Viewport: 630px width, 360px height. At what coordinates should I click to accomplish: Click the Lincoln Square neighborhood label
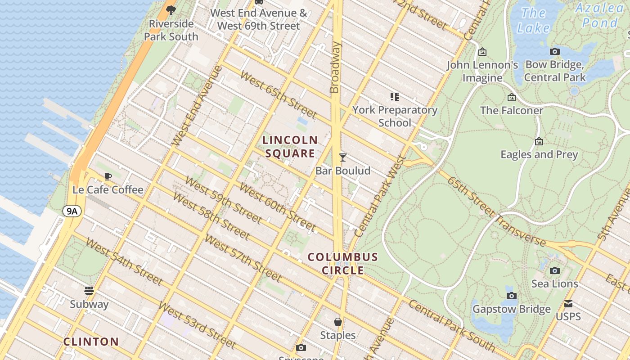290,147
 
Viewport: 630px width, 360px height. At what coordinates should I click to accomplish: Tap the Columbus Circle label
343,264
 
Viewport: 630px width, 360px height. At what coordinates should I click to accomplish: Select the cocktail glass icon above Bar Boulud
343,157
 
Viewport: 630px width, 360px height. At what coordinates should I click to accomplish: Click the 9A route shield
72,211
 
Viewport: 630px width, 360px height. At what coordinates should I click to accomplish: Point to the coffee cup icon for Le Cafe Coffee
108,176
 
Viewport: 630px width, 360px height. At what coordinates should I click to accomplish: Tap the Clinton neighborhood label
91,342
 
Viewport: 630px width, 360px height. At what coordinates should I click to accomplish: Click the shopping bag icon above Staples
337,322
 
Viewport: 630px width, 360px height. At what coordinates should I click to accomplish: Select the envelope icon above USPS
568,304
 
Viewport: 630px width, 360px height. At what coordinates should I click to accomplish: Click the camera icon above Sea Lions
554,270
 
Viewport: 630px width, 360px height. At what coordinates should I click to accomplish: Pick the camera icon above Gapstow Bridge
511,296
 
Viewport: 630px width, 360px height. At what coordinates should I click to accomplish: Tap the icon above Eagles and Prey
539,142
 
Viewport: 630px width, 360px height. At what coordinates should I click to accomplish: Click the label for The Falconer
512,110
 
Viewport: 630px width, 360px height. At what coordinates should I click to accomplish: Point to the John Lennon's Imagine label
482,72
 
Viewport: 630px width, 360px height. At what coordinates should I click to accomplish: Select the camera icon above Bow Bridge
555,51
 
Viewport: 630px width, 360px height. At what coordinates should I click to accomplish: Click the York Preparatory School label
395,116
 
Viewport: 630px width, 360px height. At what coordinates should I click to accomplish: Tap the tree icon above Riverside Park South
171,10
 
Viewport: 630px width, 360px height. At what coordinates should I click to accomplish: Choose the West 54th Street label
124,262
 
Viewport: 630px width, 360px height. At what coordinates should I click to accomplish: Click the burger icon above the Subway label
89,290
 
